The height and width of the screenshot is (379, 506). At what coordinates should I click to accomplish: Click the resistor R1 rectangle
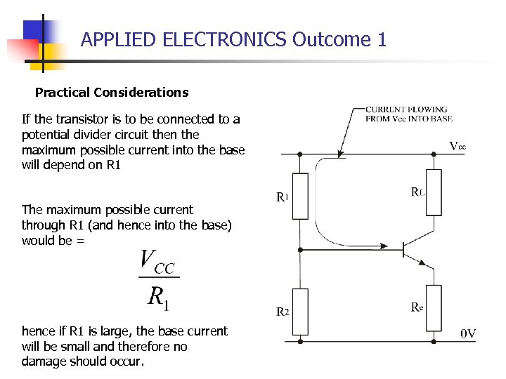(x=301, y=196)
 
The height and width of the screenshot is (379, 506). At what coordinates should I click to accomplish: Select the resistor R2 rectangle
(x=301, y=312)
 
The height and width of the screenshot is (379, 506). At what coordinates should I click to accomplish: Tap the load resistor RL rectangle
(x=434, y=192)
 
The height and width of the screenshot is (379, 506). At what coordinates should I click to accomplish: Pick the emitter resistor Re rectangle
(x=434, y=307)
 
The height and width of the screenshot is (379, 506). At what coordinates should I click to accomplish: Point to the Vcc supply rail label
(x=458, y=146)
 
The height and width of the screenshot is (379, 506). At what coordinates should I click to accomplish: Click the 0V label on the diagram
(x=468, y=333)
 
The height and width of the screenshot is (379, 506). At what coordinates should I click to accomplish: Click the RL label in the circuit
(x=417, y=191)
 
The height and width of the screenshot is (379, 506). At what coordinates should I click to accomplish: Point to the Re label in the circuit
(x=417, y=307)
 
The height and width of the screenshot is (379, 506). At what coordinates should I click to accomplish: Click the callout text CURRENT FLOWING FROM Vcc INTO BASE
(x=408, y=114)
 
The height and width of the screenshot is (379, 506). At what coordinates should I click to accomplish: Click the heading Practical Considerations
(x=112, y=92)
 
